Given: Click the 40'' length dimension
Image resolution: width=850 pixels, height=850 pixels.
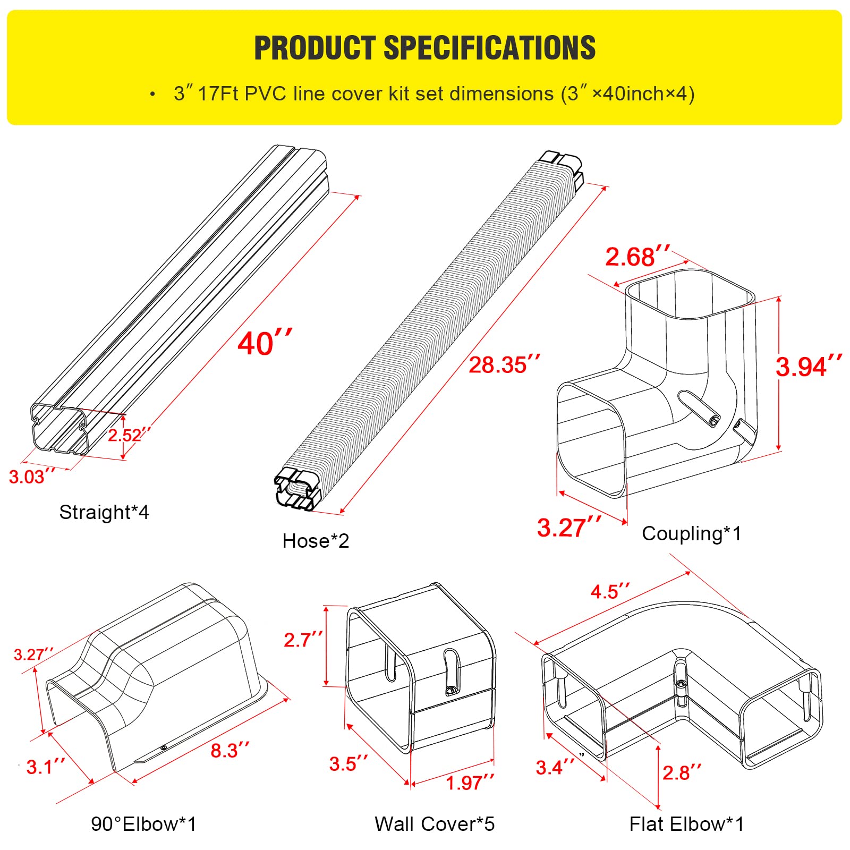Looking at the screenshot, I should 264,343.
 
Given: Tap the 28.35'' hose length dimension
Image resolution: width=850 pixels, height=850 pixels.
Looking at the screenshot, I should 504,365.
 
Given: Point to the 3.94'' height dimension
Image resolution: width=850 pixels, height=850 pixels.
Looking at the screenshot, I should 808,367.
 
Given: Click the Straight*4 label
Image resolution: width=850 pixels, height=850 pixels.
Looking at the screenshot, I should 104,512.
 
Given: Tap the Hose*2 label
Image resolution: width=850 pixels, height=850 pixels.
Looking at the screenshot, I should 316,541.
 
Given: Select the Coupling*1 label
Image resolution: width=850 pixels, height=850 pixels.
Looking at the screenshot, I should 691,533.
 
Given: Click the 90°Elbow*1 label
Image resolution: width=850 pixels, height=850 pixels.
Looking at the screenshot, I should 143,824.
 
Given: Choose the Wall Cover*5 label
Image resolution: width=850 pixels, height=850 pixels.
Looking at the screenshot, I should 435,824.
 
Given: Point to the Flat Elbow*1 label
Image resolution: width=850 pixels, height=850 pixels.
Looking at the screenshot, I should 686,824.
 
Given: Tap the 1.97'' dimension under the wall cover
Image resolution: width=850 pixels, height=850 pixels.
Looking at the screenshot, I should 470,783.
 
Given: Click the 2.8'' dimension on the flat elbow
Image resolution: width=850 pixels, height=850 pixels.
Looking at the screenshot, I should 682,772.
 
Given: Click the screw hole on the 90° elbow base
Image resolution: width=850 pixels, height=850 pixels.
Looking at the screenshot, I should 164,748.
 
